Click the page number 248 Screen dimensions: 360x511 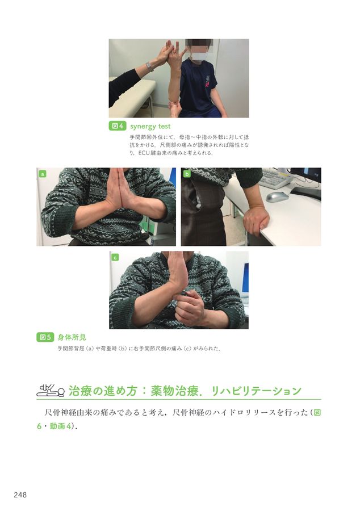pyautogui.click(x=20, y=495)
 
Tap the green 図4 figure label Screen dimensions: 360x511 pyautogui.click(x=118, y=126)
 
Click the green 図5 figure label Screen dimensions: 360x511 pyautogui.click(x=45, y=337)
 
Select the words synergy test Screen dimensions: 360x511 pyautogui.click(x=150, y=126)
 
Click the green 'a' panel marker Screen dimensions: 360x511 pyautogui.click(x=42, y=174)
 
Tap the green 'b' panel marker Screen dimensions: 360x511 pyautogui.click(x=187, y=174)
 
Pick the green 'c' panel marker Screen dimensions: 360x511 pyautogui.click(x=115, y=257)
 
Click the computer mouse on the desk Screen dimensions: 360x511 pyautogui.click(x=277, y=196)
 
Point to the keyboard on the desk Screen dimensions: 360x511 pyautogui.click(x=278, y=177)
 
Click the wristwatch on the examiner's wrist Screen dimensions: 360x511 pyautogui.click(x=149, y=67)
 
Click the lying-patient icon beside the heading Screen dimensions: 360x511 pyautogui.click(x=50, y=389)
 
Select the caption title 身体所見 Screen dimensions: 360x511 pyautogui.click(x=72, y=337)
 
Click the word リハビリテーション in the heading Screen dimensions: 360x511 pyautogui.click(x=257, y=391)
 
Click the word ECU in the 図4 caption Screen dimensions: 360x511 pyautogui.click(x=144, y=153)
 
